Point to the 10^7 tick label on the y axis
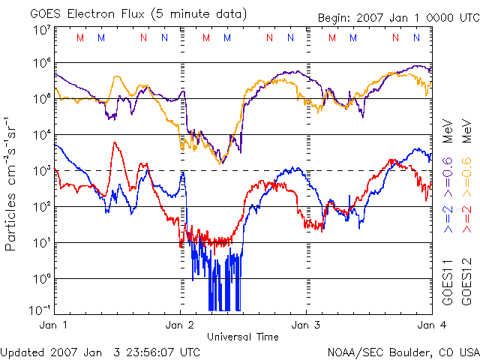coord(40,30)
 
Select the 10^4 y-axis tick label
coord(40,135)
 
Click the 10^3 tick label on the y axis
coord(40,171)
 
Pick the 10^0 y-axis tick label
coord(40,279)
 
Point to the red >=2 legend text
coord(467,217)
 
